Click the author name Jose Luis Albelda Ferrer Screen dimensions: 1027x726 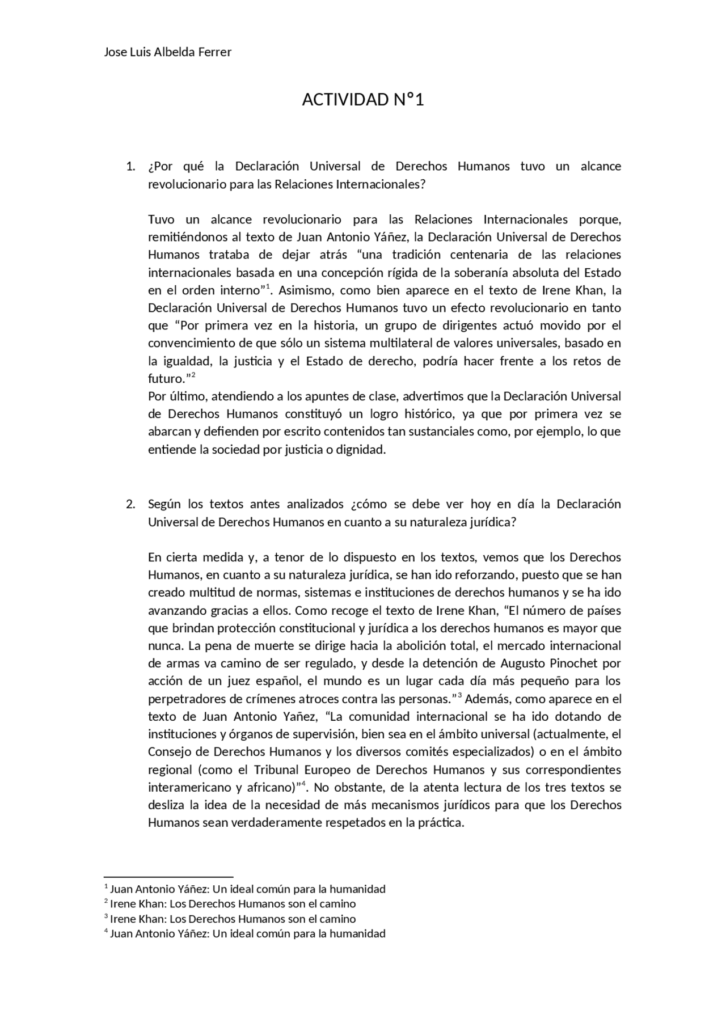[168, 52]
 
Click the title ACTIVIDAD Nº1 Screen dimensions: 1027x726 [363, 100]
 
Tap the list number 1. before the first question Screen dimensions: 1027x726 [130, 167]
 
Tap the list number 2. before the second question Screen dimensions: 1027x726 [130, 505]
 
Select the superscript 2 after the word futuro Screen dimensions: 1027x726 [193, 375]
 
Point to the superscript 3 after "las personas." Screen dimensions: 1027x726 [459, 695]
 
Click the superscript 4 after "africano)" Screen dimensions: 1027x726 [303, 784]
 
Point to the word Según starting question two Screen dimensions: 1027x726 [165, 505]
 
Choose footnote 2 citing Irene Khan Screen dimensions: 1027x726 [233, 904]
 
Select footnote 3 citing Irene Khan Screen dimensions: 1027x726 [233, 919]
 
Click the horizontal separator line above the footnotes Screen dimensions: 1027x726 [168, 877]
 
